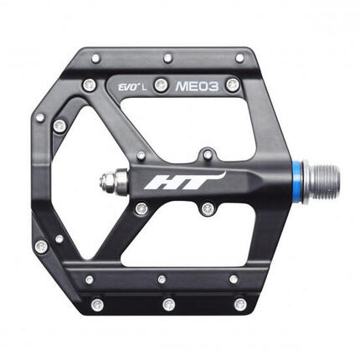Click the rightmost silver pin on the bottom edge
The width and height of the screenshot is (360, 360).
point(241,303)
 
